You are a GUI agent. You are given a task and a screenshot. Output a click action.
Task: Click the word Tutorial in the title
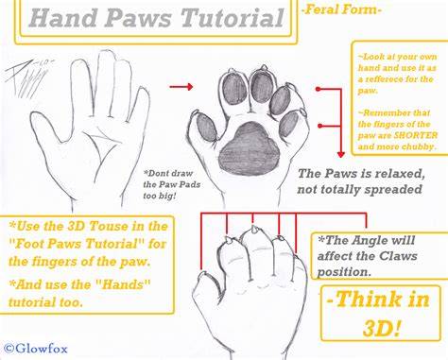tap(233, 18)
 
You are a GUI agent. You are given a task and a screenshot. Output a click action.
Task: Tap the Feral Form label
tap(341, 9)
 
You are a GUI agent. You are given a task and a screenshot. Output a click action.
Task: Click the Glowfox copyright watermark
tap(37, 349)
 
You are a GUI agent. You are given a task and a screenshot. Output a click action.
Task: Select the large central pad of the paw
tap(250, 147)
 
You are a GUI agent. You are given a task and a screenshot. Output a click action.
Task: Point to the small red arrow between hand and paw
tap(181, 86)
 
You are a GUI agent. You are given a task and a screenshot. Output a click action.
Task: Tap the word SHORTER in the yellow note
tap(416, 135)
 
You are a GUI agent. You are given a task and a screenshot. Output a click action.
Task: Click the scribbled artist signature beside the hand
tap(27, 77)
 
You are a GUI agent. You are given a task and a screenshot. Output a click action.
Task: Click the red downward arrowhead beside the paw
tap(340, 154)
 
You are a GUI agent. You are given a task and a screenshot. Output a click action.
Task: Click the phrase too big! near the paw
tap(159, 196)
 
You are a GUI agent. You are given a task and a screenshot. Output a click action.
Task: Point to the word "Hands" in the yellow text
tap(123, 284)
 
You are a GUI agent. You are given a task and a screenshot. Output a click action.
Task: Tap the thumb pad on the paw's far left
tap(207, 128)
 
